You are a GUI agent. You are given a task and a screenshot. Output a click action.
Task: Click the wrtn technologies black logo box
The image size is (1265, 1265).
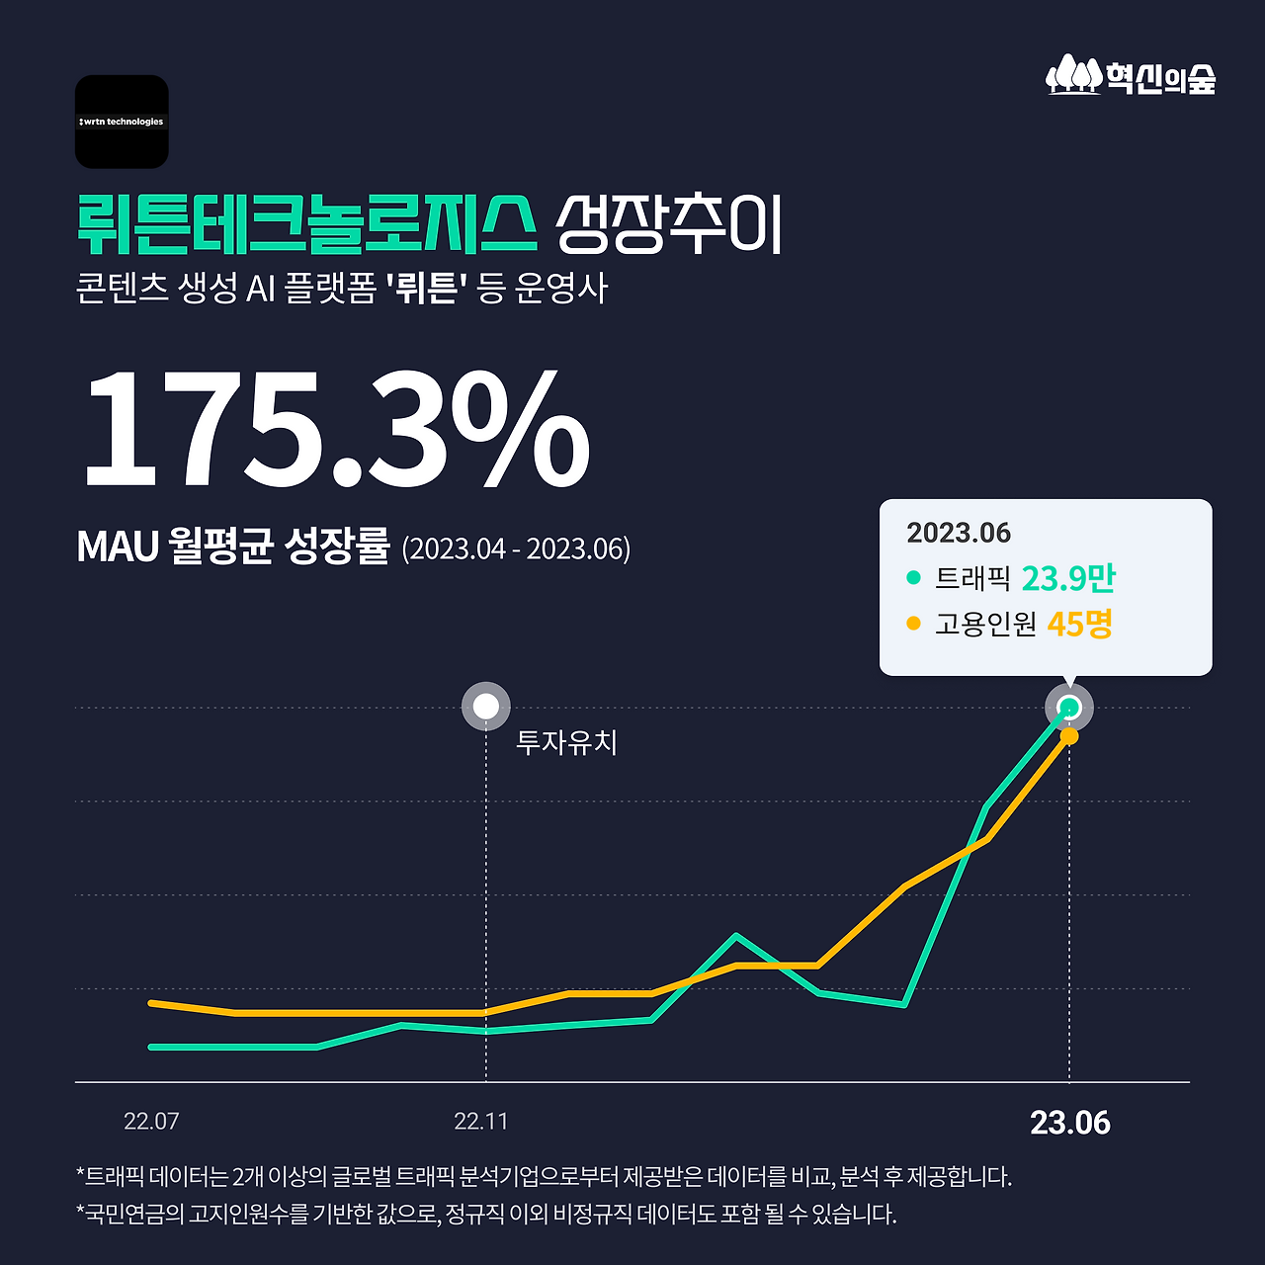pyautogui.click(x=122, y=122)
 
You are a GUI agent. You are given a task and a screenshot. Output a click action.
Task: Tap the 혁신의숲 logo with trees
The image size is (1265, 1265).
pyautogui.click(x=1131, y=76)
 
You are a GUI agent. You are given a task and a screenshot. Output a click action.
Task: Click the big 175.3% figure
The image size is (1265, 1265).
pyautogui.click(x=336, y=430)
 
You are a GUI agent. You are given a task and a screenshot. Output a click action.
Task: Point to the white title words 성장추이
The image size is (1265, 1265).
pyautogui.click(x=668, y=225)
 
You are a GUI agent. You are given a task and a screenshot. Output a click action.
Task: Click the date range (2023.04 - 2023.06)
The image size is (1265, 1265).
pyautogui.click(x=516, y=548)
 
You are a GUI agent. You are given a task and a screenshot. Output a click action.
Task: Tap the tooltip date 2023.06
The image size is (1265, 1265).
pyautogui.click(x=959, y=534)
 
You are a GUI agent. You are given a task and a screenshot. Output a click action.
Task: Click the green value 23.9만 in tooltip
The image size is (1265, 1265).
pyautogui.click(x=1067, y=578)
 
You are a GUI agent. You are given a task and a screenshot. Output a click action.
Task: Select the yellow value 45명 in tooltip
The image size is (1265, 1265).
pyautogui.click(x=1079, y=624)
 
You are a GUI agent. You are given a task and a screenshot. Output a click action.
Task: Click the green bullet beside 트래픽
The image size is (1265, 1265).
pyautogui.click(x=913, y=577)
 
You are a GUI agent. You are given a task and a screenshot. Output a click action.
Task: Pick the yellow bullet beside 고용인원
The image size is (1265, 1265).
pyautogui.click(x=913, y=624)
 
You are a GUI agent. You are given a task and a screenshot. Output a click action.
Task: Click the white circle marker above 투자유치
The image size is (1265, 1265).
pyautogui.click(x=486, y=707)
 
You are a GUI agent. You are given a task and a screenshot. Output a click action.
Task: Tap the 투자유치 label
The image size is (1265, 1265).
pyautogui.click(x=566, y=742)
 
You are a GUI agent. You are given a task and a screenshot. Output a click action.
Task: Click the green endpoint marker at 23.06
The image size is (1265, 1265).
pyautogui.click(x=1068, y=707)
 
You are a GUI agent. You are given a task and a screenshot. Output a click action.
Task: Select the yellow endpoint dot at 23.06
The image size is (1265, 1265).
pyautogui.click(x=1068, y=736)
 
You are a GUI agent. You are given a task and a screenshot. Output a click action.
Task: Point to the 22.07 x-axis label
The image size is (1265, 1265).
pyautogui.click(x=151, y=1122)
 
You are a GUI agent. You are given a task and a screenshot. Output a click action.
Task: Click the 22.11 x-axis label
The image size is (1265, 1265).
pyautogui.click(x=481, y=1122)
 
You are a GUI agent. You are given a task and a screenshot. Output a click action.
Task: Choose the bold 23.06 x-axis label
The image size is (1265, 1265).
pyautogui.click(x=1070, y=1123)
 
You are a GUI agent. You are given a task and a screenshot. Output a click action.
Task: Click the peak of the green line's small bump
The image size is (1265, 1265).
pyautogui.click(x=735, y=935)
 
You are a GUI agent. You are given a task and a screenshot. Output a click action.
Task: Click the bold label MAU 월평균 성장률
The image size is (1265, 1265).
pyautogui.click(x=233, y=546)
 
